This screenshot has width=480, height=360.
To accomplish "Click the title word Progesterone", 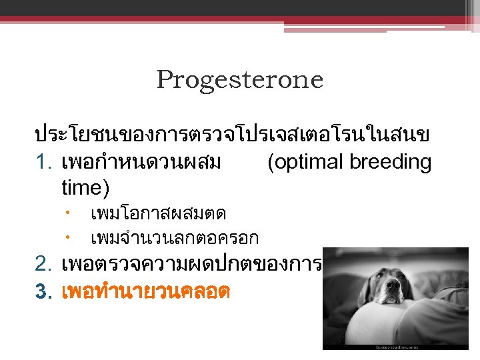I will click(240, 80).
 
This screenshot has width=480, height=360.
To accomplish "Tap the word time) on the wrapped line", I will click(85, 187).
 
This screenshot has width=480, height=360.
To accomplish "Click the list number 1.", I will click(43, 163).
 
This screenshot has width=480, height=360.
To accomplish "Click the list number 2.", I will click(43, 264).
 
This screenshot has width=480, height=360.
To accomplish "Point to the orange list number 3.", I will click(43, 291).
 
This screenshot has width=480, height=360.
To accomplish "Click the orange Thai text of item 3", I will click(145, 291).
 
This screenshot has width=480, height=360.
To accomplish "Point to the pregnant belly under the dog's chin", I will click(373, 327).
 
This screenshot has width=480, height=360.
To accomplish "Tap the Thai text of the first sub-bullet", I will click(158, 214).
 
